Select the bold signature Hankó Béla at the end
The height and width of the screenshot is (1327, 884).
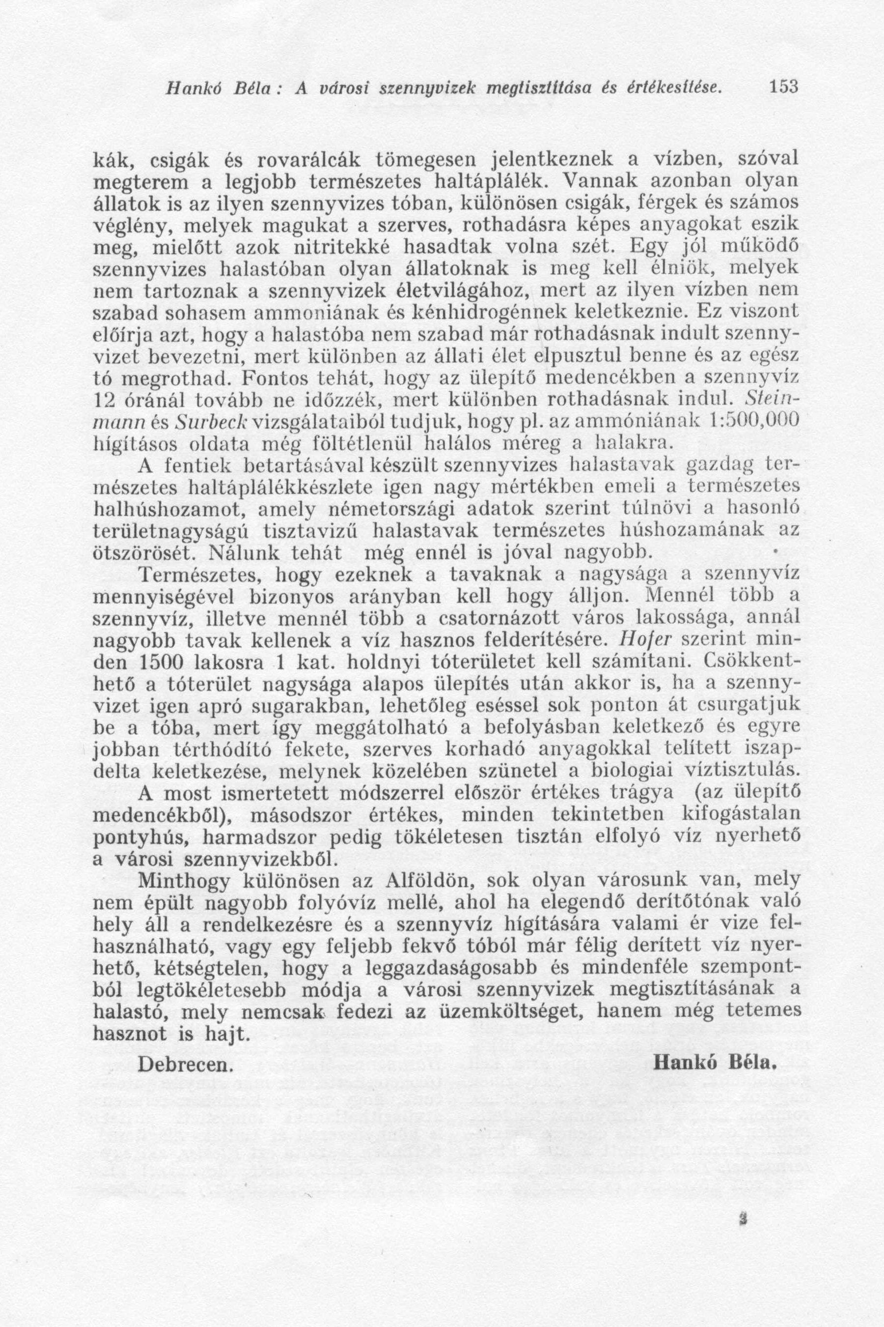tap(716, 1063)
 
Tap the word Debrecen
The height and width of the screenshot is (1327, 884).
tap(186, 1064)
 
